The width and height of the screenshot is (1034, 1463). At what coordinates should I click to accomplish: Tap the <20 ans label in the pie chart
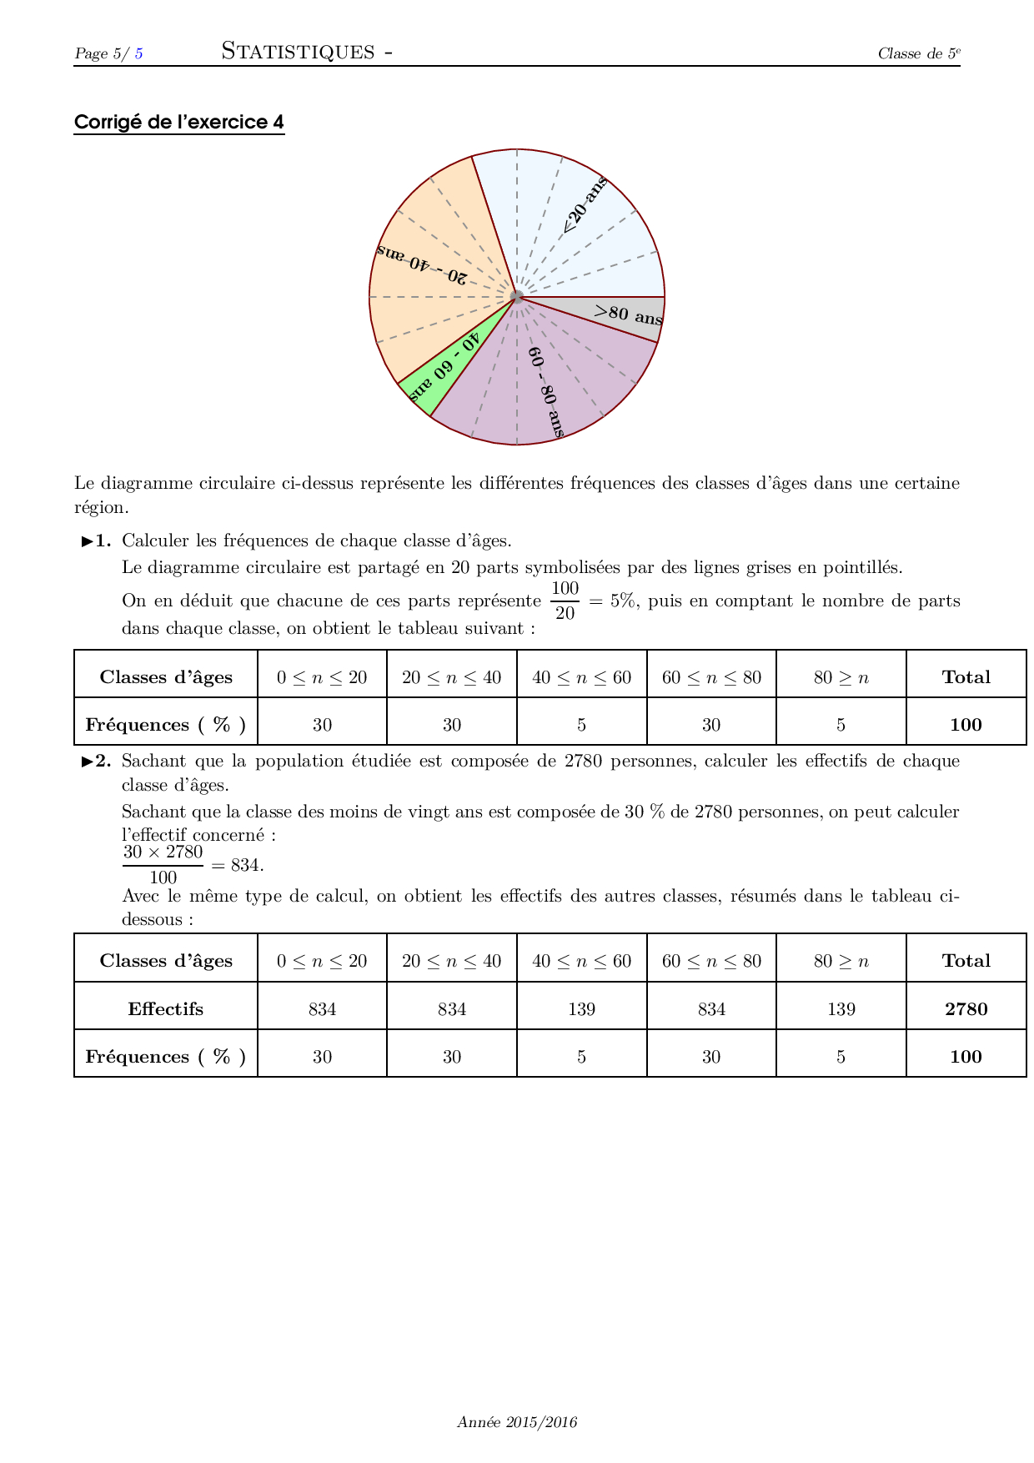click(585, 206)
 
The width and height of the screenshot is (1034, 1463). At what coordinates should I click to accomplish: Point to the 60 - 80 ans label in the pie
click(546, 392)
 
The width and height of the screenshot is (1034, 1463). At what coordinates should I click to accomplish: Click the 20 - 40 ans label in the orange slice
click(422, 264)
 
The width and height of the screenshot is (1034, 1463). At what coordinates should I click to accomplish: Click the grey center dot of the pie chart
click(517, 296)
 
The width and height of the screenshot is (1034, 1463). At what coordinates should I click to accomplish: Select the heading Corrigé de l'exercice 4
click(179, 123)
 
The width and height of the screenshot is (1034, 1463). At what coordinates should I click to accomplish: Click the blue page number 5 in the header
click(138, 53)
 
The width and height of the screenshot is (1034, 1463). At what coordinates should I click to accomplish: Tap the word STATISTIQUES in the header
click(298, 52)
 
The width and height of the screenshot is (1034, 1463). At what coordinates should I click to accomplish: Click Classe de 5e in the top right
click(919, 53)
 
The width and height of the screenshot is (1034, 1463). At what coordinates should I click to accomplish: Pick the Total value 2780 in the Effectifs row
click(966, 1009)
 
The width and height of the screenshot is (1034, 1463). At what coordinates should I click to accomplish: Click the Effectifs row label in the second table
click(166, 1009)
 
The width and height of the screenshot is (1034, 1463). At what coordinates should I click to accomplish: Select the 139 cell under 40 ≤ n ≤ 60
click(581, 1009)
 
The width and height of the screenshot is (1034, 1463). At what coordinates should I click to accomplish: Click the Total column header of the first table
click(966, 677)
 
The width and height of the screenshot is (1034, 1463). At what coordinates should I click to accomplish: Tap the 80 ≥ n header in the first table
click(841, 677)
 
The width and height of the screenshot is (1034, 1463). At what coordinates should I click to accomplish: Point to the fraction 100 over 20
click(565, 601)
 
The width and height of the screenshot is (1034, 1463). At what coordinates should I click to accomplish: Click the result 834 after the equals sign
click(247, 865)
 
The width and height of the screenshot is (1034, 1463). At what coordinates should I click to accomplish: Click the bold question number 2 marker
click(97, 761)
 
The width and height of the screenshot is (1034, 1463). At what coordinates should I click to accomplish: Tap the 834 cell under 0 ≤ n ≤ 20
click(322, 1009)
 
